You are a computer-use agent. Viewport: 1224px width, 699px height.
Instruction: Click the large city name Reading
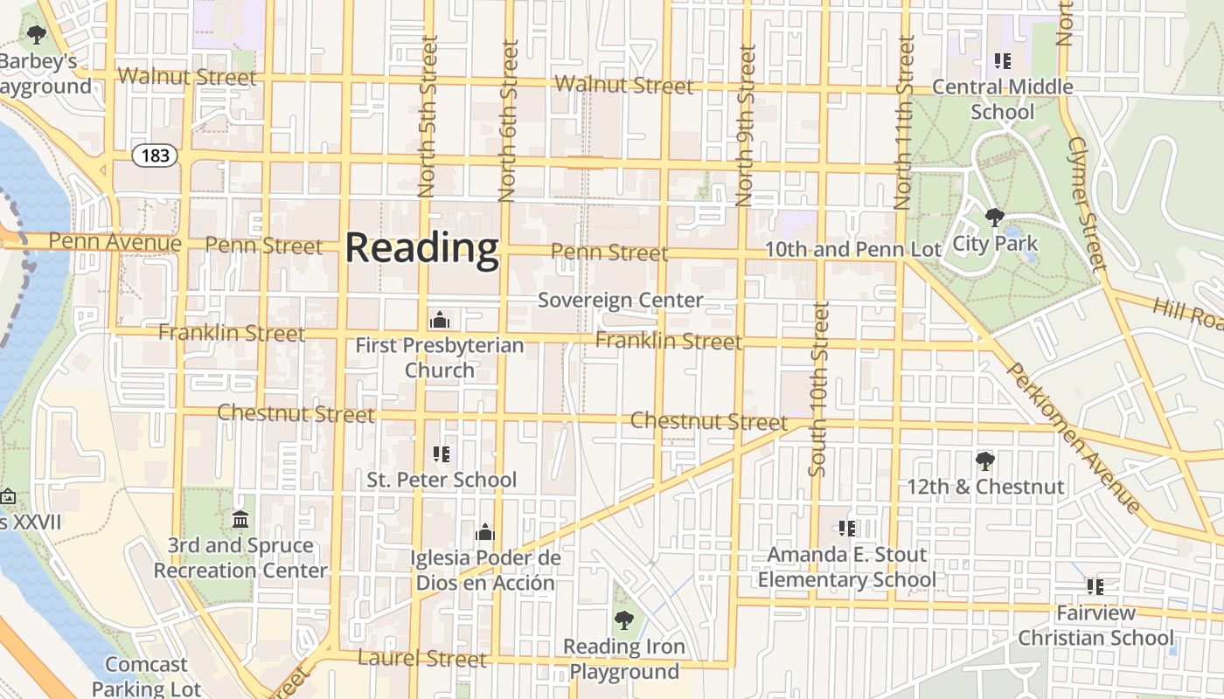click(x=422, y=248)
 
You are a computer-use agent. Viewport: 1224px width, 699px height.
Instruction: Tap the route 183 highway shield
click(x=155, y=156)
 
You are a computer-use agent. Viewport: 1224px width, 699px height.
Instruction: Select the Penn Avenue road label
click(x=115, y=241)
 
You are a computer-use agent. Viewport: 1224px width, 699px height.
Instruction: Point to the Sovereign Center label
click(x=620, y=301)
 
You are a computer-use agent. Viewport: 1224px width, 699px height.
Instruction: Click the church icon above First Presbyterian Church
click(x=440, y=320)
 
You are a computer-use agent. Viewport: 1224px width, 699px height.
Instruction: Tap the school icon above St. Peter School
click(x=442, y=453)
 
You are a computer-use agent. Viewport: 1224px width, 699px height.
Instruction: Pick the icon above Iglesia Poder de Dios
click(x=484, y=532)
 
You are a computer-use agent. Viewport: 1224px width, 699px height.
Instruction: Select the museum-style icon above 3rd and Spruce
click(x=240, y=520)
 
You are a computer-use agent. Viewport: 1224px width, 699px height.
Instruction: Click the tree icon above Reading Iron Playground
click(x=623, y=621)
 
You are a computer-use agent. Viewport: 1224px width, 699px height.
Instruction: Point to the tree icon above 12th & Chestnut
click(x=985, y=460)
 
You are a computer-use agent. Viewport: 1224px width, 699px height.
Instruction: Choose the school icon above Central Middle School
click(x=1003, y=61)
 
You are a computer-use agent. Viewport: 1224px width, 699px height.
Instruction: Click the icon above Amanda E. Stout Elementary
click(x=846, y=529)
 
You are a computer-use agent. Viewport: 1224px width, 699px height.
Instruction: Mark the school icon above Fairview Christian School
click(x=1095, y=587)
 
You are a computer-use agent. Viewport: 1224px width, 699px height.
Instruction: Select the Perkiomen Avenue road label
click(x=1074, y=436)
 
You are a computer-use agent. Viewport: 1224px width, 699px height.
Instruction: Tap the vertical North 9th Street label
click(x=746, y=127)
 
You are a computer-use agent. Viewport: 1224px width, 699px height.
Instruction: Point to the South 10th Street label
click(x=818, y=389)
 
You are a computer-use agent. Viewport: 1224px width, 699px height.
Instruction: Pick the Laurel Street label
click(x=422, y=658)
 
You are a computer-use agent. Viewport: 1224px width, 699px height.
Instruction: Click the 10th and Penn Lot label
click(x=852, y=250)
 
